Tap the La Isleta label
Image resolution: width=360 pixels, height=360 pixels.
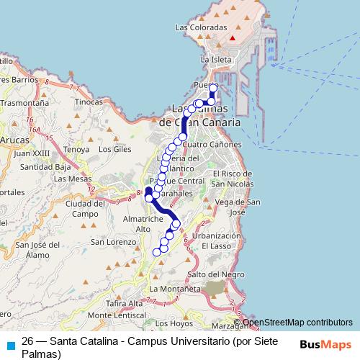click(215, 60)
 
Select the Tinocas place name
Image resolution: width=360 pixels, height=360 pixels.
click(89, 102)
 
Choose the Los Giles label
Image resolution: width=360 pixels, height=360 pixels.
click(114, 150)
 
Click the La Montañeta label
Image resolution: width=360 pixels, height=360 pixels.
click(174, 289)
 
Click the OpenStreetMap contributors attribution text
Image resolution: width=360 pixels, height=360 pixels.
click(297, 323)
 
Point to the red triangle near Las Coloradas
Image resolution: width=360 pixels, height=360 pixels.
click(233, 38)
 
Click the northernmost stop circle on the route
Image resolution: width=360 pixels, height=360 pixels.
click(213, 88)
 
